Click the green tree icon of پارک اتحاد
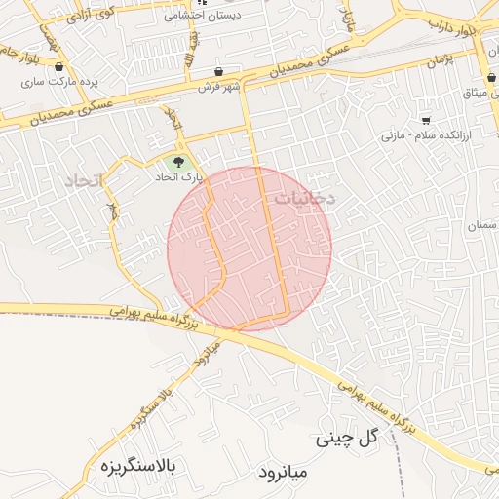pyautogui.click(x=177, y=163)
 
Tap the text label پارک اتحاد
pyautogui.click(x=177, y=178)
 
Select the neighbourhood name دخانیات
pyautogui.click(x=303, y=198)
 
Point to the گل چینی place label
pyautogui.click(x=346, y=440)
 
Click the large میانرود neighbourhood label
pyautogui.click(x=284, y=473)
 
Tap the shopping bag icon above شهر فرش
pyautogui.click(x=222, y=70)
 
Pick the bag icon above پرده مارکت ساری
pyautogui.click(x=61, y=67)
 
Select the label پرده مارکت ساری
pyautogui.click(x=61, y=81)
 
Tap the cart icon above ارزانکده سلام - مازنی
pyautogui.click(x=426, y=121)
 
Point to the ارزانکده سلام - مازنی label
pyautogui.click(x=426, y=135)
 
